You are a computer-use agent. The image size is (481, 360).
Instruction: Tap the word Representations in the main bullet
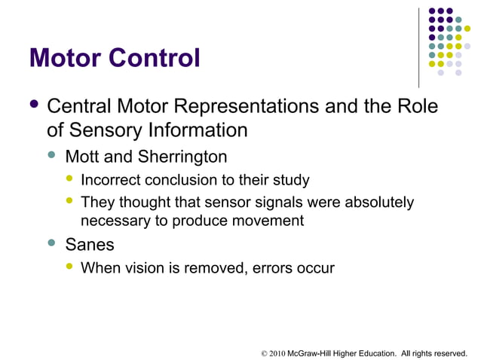point(251,107)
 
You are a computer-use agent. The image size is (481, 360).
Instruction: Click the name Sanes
point(90,244)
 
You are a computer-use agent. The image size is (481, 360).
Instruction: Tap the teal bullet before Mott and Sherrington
point(52,156)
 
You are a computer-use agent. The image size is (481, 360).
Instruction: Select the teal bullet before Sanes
point(52,243)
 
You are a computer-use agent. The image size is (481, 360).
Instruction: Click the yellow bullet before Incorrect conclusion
point(70,180)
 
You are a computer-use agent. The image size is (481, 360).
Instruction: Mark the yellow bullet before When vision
point(70,267)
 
